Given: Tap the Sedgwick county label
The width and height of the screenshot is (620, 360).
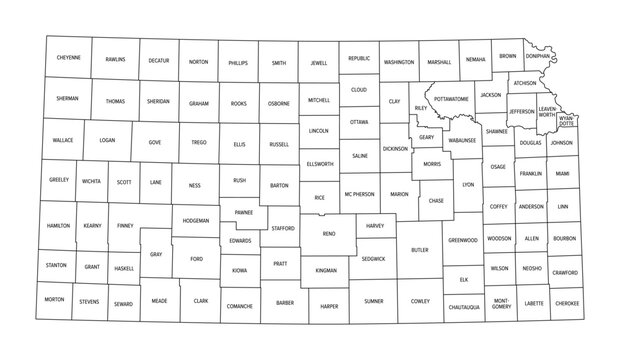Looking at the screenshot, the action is point(374,258).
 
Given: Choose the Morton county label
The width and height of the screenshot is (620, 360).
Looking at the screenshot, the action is point(54,299).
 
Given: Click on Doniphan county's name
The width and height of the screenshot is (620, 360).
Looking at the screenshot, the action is point(538,57).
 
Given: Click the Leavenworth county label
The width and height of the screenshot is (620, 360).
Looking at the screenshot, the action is point(547,111).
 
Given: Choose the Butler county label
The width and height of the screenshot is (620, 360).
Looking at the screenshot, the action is point(419,250).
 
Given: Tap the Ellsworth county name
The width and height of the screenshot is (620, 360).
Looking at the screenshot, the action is point(320,163).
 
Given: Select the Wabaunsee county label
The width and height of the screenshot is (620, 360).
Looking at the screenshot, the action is point(462,141).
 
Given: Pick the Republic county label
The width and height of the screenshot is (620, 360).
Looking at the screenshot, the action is point(359,59).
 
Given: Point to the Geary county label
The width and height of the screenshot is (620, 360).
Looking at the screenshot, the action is point(426,137).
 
